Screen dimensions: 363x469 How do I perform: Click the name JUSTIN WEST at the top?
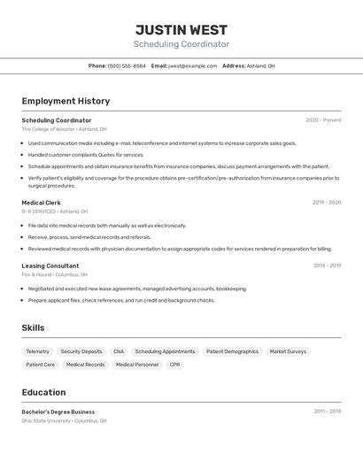click(x=181, y=30)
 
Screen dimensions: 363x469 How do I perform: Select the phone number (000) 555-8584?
click(x=127, y=65)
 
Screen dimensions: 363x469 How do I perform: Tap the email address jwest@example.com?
click(x=192, y=65)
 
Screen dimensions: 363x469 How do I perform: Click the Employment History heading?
click(x=66, y=101)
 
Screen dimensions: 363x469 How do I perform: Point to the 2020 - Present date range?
click(x=323, y=120)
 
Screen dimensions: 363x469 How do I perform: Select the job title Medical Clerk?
click(x=41, y=203)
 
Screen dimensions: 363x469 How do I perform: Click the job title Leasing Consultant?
click(x=50, y=265)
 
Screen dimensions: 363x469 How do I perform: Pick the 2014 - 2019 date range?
click(x=327, y=265)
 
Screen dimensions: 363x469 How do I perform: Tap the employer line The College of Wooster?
click(x=64, y=129)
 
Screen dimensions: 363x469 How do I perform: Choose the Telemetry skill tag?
click(x=37, y=351)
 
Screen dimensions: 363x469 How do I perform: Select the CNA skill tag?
click(x=119, y=351)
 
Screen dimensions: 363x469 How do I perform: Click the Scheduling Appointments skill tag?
click(x=165, y=351)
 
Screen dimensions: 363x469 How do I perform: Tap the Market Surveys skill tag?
click(x=288, y=351)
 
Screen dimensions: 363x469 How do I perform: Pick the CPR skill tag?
click(x=174, y=365)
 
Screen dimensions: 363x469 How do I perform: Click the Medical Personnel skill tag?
click(x=137, y=365)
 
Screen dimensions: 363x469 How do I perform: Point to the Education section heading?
click(x=43, y=392)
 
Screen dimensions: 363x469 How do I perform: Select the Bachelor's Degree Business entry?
click(x=58, y=411)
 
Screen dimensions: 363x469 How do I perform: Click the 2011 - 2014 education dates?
click(x=327, y=411)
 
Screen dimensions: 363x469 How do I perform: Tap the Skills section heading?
click(x=33, y=327)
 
